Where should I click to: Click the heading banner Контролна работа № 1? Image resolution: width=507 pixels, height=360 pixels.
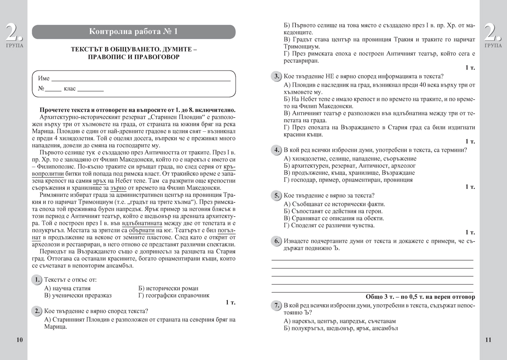click(x=134, y=32)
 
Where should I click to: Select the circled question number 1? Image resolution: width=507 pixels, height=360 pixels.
click(x=37, y=280)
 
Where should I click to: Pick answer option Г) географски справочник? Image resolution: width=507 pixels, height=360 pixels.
click(x=174, y=295)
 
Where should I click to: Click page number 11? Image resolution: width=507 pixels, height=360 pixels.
click(x=488, y=340)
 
